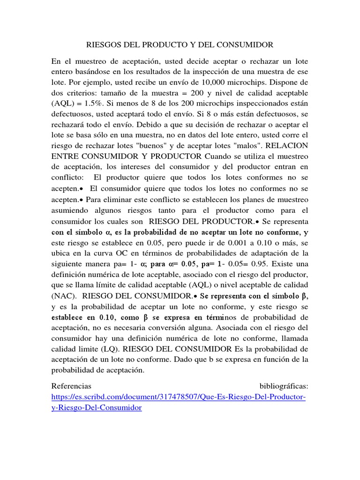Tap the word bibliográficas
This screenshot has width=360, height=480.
tap(284, 386)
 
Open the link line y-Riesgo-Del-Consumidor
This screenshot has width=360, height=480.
tap(96, 408)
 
